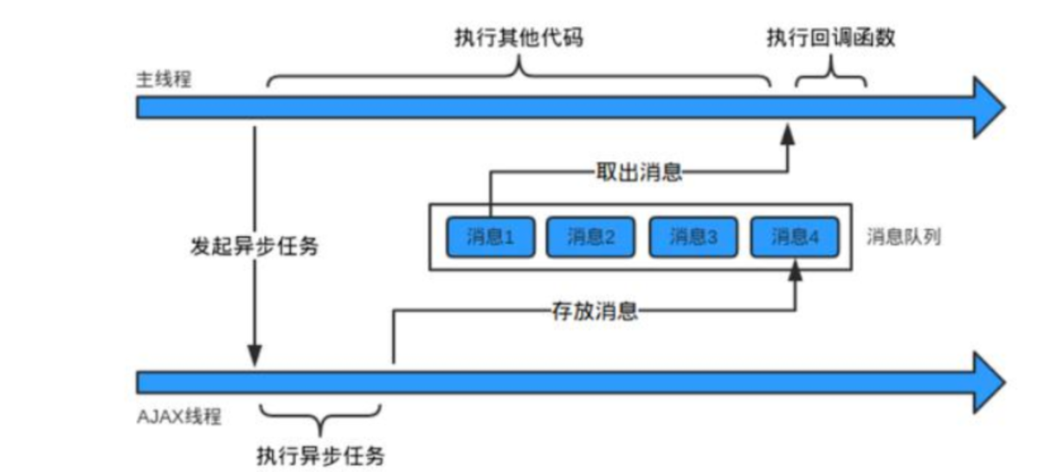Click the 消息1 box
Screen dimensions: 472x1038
point(490,237)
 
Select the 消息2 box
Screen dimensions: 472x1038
point(591,237)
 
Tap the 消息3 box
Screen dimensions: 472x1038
point(693,237)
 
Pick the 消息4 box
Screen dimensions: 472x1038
point(794,237)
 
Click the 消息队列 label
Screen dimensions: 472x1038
point(903,237)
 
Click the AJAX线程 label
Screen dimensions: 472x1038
point(179,417)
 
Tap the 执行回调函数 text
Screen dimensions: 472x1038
point(830,39)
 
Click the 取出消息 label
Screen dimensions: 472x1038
point(640,172)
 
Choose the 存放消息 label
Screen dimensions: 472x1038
point(594,311)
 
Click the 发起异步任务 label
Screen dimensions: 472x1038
point(254,246)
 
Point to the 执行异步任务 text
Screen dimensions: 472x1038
point(320,454)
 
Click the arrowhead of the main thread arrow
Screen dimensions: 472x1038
point(988,107)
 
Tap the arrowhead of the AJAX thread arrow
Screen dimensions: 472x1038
point(988,382)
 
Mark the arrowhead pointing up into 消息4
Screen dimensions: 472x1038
point(794,273)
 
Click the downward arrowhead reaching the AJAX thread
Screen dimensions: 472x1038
point(254,356)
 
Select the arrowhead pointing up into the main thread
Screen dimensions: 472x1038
point(788,132)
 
